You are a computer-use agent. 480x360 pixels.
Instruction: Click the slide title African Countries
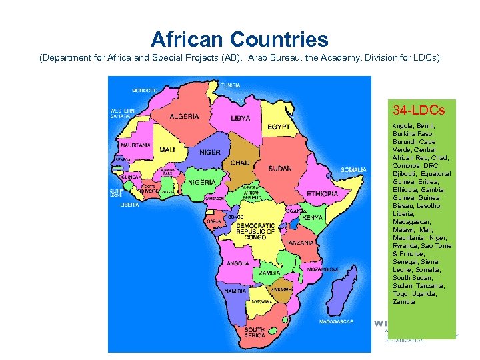[x=239, y=39]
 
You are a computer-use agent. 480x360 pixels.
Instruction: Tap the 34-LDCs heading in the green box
[x=419, y=109]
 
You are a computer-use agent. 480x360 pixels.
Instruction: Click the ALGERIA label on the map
[x=184, y=117]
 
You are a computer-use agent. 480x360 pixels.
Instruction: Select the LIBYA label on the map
[x=241, y=119]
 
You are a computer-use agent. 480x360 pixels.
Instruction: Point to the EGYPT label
[x=279, y=127]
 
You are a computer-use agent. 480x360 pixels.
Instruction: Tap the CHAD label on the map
[x=240, y=163]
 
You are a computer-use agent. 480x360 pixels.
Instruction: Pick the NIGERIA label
[x=201, y=182]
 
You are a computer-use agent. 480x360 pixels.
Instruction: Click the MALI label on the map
[x=167, y=150]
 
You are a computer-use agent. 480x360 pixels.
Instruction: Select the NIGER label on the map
[x=209, y=152]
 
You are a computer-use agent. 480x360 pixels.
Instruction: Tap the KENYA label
[x=313, y=218]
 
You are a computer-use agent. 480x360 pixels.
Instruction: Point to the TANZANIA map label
[x=301, y=243]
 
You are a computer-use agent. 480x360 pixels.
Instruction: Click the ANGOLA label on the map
[x=238, y=263]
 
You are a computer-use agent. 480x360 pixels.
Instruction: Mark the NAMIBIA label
[x=235, y=292]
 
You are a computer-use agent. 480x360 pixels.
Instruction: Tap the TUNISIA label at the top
[x=231, y=85]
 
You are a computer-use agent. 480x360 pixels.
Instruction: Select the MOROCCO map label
[x=145, y=90]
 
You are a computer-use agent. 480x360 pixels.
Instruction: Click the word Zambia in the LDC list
[x=404, y=302]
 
